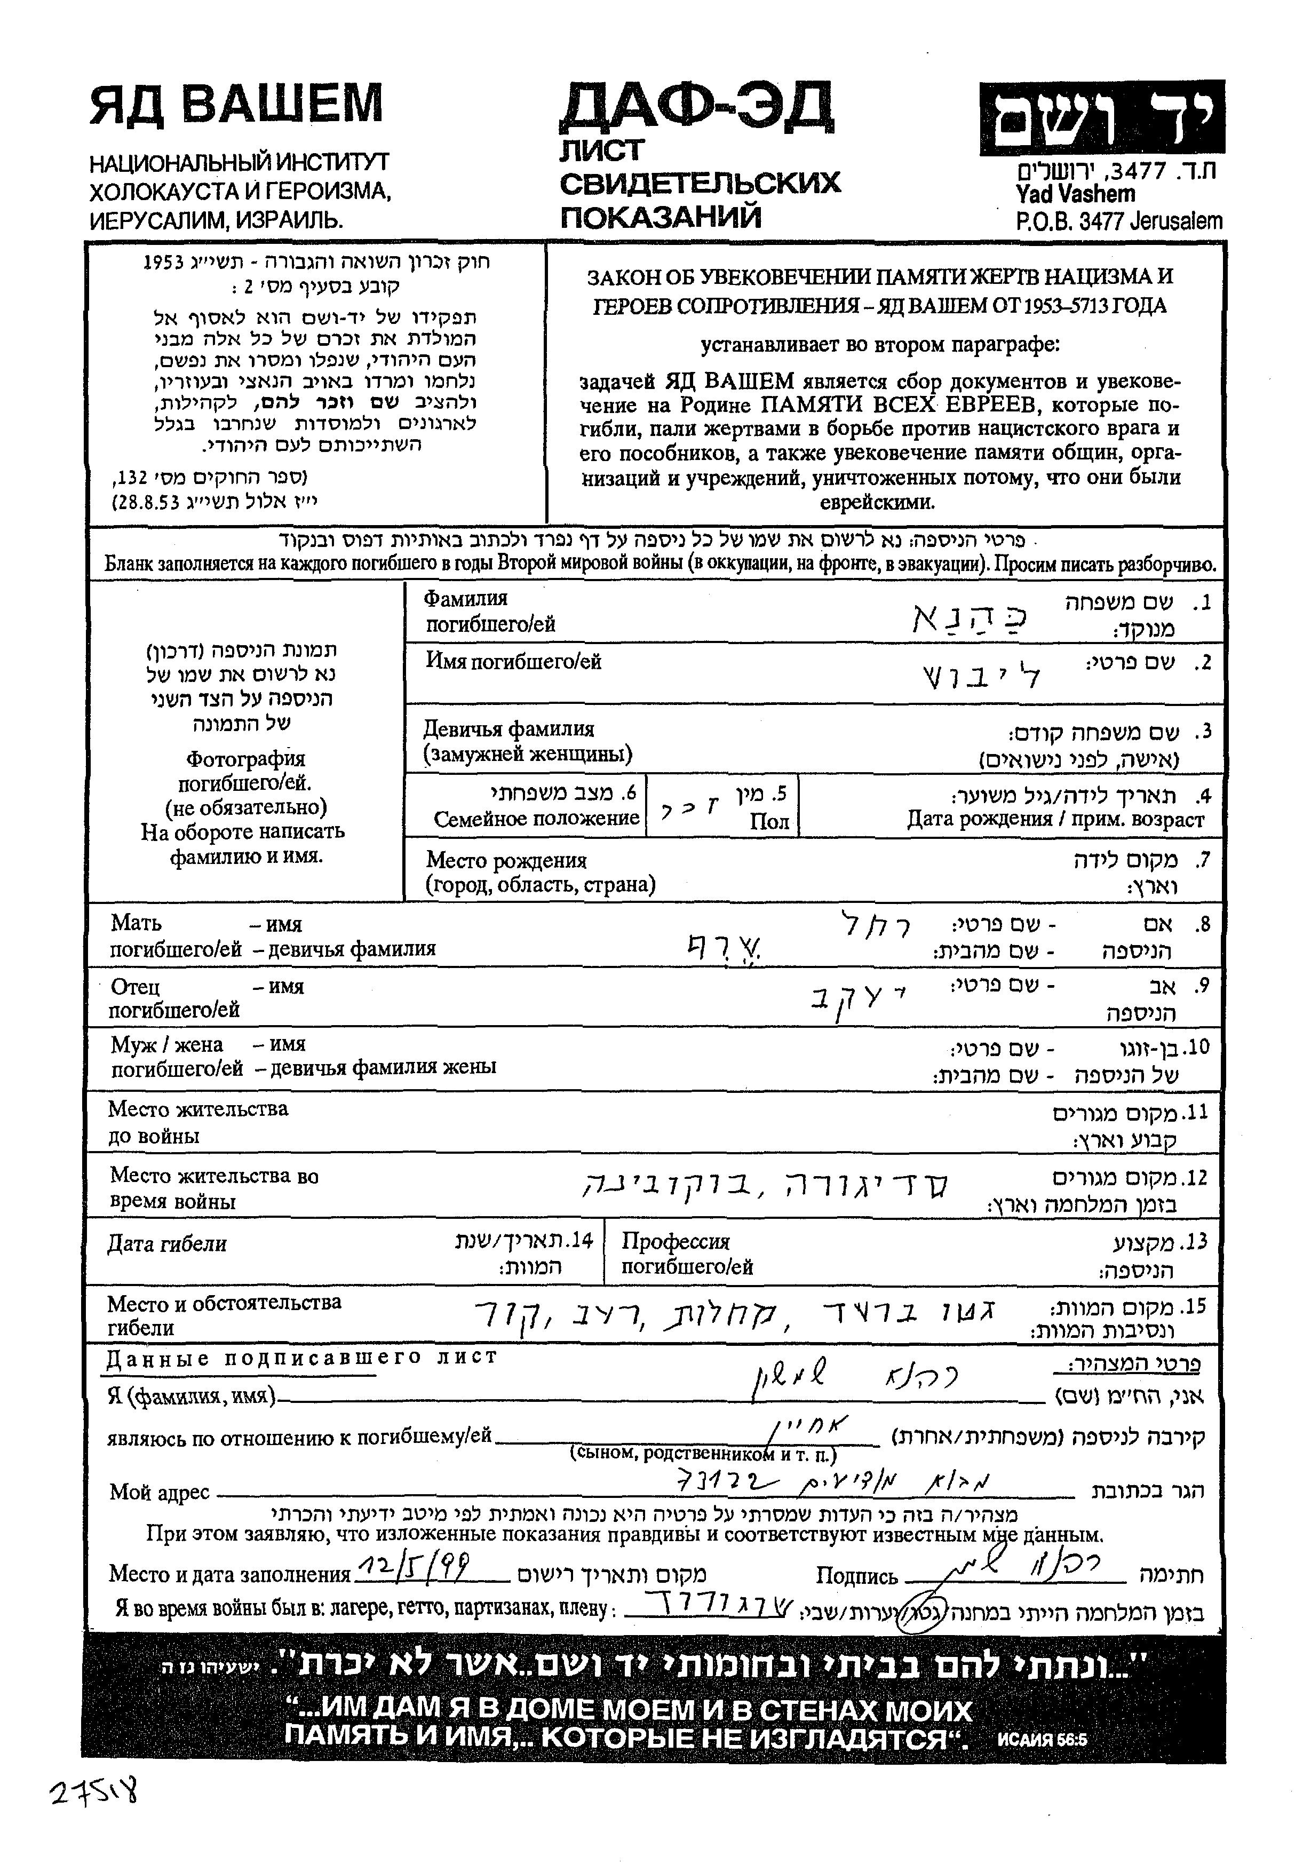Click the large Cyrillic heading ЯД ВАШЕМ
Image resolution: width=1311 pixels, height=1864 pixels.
pyautogui.click(x=235, y=104)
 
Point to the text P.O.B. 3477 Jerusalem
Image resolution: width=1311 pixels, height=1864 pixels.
pyautogui.click(x=1118, y=221)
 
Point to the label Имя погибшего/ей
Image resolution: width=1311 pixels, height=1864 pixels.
pyautogui.click(x=513, y=662)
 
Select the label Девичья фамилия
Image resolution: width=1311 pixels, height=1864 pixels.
pyautogui.click(x=509, y=729)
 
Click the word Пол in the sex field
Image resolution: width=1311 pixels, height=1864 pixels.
pyautogui.click(x=769, y=822)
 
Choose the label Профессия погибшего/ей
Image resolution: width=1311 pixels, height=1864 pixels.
pyautogui.click(x=687, y=1254)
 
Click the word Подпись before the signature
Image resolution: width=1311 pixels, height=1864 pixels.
pyautogui.click(x=856, y=1576)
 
